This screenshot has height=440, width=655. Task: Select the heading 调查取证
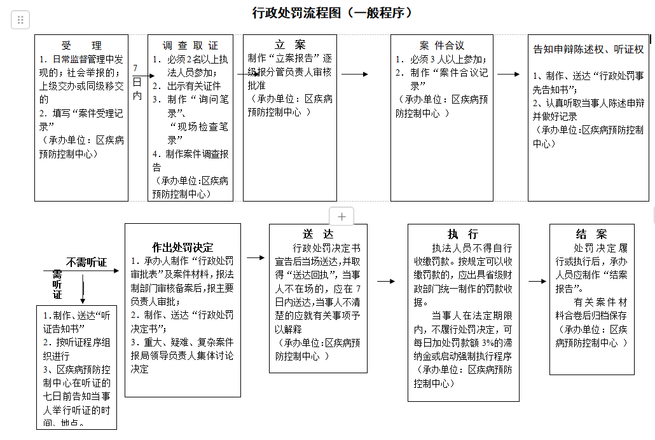(x=190, y=46)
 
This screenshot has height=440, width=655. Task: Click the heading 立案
(x=289, y=45)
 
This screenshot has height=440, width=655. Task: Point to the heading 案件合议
(x=442, y=46)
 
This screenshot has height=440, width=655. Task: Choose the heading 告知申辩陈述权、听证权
(x=588, y=49)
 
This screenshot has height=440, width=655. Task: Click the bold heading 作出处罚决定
(x=183, y=247)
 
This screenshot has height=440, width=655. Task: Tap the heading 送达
(x=318, y=234)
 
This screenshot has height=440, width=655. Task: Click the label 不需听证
(x=87, y=262)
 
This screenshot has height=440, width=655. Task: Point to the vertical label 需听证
(x=57, y=284)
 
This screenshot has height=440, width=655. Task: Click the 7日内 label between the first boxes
(x=137, y=81)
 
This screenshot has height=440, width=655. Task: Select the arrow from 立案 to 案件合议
(x=355, y=74)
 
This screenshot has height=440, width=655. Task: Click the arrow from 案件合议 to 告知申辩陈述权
(x=508, y=74)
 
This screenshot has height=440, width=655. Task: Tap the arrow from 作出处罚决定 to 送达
(x=256, y=258)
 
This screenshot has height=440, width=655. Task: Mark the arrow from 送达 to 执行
(x=386, y=280)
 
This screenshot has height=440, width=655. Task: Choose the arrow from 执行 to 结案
(x=537, y=280)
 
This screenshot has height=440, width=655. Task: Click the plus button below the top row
(x=341, y=217)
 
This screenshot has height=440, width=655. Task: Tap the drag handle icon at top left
(x=20, y=20)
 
